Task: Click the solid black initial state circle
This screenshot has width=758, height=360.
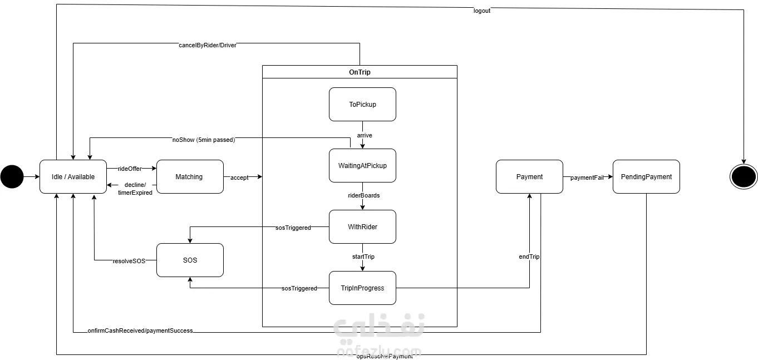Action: click(12, 177)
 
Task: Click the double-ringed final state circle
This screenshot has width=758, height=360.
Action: click(744, 177)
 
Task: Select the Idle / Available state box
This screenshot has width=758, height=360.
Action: click(73, 177)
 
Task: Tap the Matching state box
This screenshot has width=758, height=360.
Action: click(189, 177)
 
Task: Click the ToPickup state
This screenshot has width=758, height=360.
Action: click(362, 104)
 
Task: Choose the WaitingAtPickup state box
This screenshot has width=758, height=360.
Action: click(362, 165)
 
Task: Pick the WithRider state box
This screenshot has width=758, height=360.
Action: click(362, 226)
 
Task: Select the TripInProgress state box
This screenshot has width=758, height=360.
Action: click(362, 288)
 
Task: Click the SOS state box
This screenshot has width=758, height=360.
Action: click(190, 260)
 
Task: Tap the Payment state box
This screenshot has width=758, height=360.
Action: click(529, 177)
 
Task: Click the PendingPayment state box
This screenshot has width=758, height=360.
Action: click(646, 177)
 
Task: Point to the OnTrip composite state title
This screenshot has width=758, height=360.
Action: click(360, 72)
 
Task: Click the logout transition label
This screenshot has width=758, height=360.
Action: click(481, 11)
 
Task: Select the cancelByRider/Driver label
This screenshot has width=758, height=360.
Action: click(207, 45)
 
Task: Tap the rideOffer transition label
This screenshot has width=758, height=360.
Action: click(130, 168)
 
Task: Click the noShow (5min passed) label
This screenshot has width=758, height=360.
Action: click(203, 140)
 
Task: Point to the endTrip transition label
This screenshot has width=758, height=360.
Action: click(529, 257)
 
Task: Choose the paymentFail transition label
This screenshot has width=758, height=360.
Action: click(587, 177)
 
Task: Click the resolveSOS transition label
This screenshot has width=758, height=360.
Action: click(129, 260)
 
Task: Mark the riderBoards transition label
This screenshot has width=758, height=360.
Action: click(363, 195)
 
